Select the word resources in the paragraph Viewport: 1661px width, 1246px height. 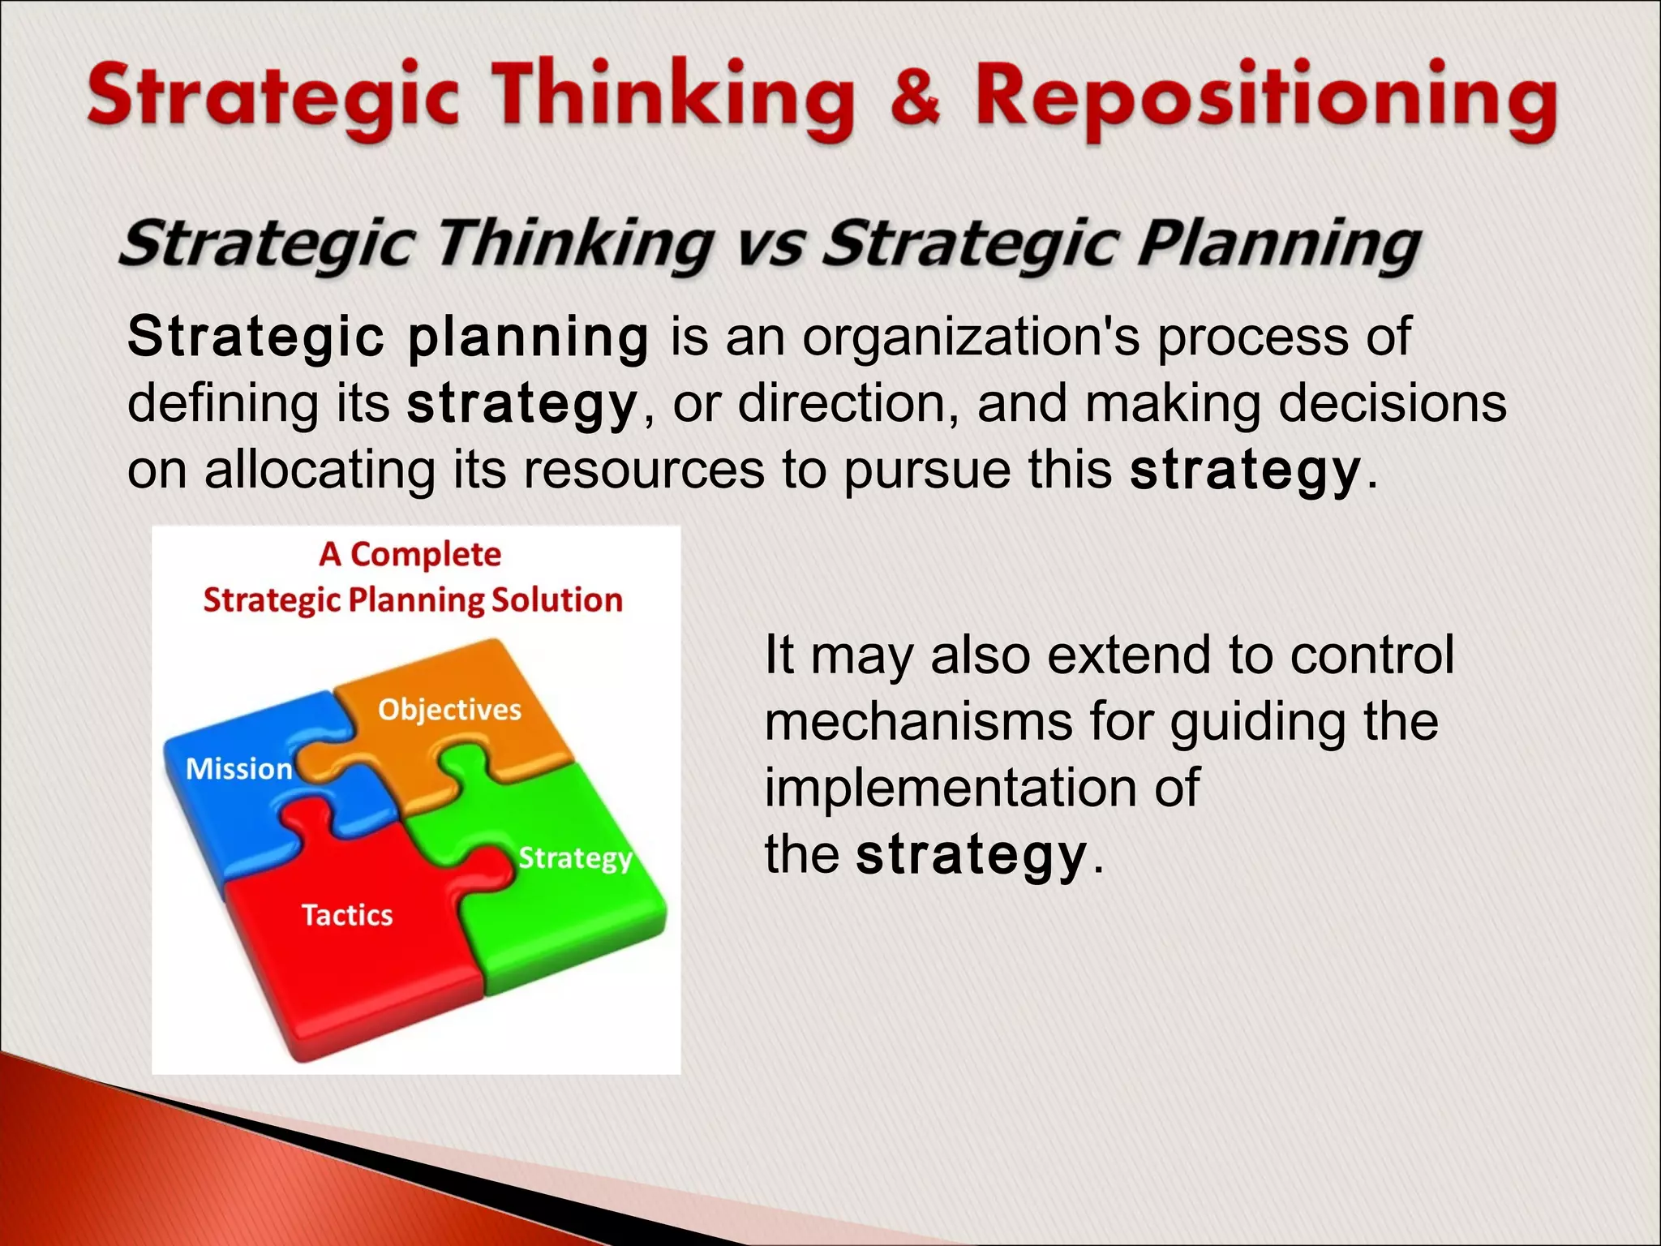pos(643,470)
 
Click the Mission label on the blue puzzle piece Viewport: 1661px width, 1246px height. pos(239,769)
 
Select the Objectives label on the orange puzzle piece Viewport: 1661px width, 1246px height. pos(449,710)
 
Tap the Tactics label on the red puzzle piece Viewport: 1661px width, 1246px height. pos(347,915)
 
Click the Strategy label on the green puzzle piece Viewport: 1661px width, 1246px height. pos(575,858)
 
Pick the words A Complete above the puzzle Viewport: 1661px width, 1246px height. pos(410,555)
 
